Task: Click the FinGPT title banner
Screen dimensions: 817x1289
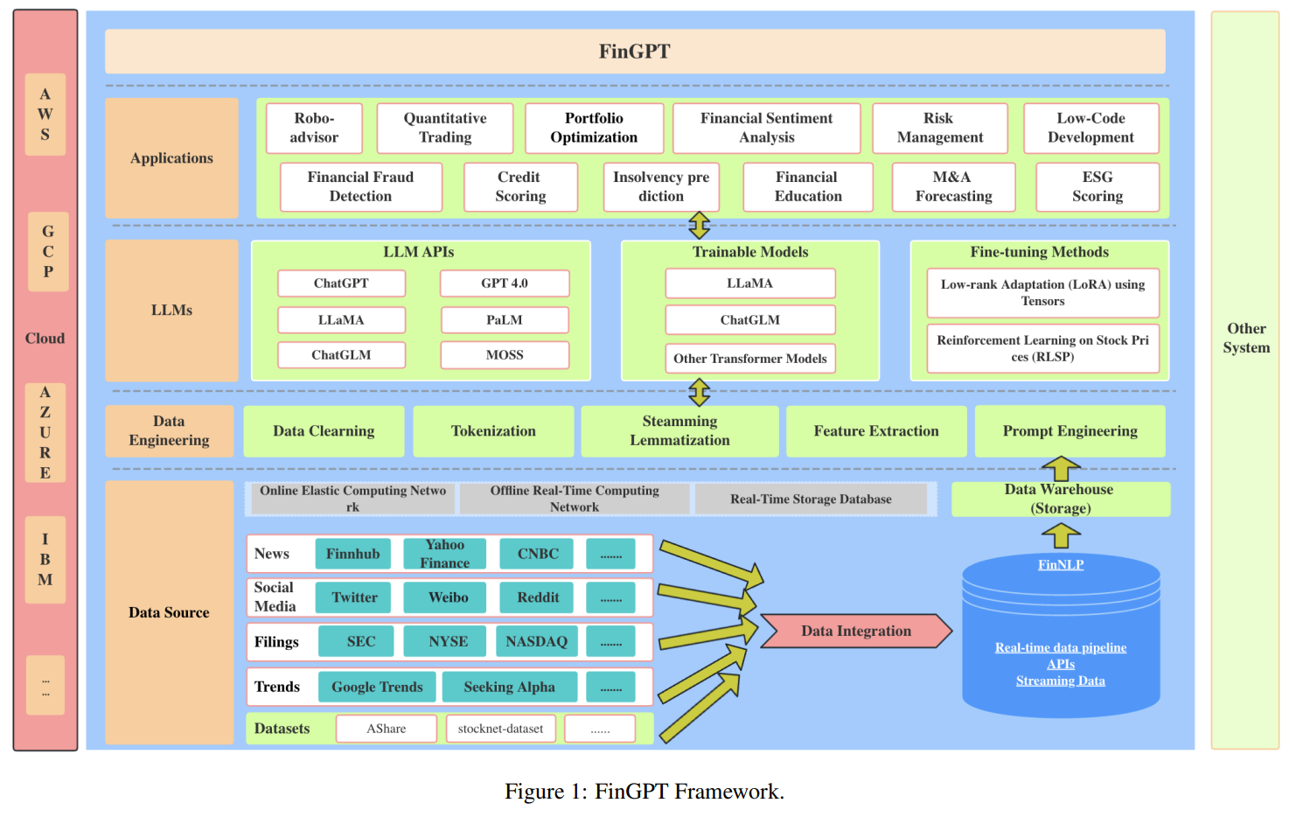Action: click(x=635, y=52)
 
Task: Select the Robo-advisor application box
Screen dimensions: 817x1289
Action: click(x=314, y=128)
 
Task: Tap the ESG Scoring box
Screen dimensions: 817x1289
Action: click(x=1097, y=187)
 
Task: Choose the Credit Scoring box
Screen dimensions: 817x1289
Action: click(x=520, y=187)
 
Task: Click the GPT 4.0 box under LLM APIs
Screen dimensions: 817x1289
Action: click(x=505, y=283)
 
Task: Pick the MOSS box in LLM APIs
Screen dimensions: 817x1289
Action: click(x=505, y=355)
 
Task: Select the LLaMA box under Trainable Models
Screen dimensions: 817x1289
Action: click(x=749, y=283)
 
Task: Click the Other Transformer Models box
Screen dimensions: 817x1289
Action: click(x=749, y=359)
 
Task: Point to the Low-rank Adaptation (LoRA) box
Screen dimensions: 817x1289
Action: click(x=1042, y=293)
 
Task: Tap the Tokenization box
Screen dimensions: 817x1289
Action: click(x=493, y=431)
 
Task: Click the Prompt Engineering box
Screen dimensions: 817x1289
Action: click(x=1070, y=431)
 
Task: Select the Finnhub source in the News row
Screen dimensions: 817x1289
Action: click(x=352, y=554)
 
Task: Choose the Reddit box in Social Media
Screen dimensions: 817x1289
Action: click(x=538, y=597)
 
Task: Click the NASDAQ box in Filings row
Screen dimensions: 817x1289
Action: click(x=536, y=641)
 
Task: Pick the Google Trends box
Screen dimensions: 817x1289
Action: click(x=377, y=687)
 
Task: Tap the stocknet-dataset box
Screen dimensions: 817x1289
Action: click(x=500, y=729)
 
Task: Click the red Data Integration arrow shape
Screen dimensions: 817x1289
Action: click(x=855, y=631)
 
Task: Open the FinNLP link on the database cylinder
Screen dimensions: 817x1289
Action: click(x=1060, y=565)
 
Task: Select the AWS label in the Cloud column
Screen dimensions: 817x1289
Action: click(x=45, y=115)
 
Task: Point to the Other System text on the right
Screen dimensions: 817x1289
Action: click(x=1246, y=338)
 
